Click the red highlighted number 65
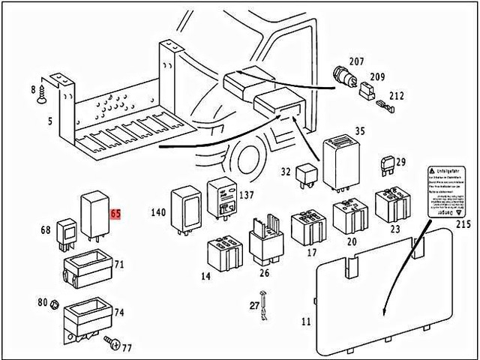[115, 214]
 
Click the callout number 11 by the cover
[305, 322]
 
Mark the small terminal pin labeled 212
[382, 105]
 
